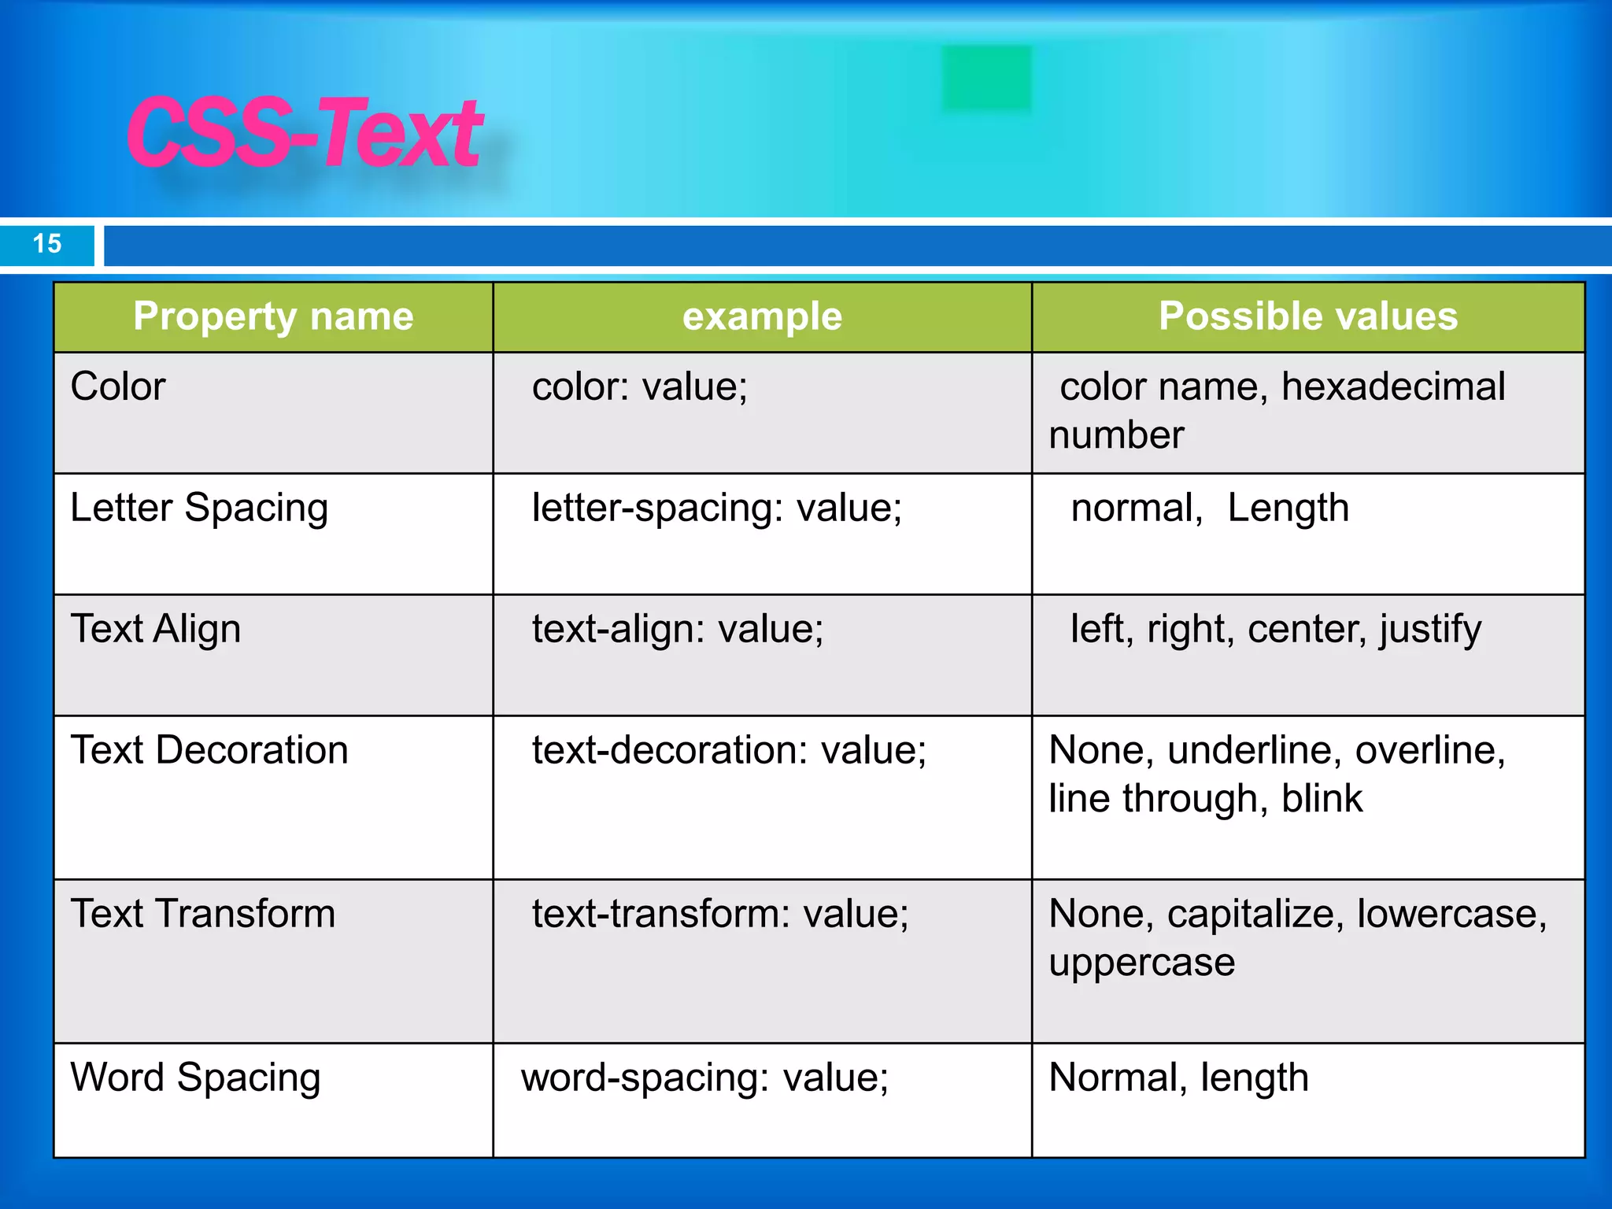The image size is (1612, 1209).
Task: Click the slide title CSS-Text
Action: pyautogui.click(x=305, y=132)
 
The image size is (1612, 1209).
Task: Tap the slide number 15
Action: pyautogui.click(x=47, y=243)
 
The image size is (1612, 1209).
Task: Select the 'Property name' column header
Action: pyautogui.click(x=273, y=316)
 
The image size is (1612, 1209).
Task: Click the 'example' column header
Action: pyautogui.click(x=762, y=316)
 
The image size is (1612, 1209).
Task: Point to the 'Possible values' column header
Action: pyautogui.click(x=1307, y=316)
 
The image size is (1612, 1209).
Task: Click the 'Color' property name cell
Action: pyautogui.click(x=118, y=386)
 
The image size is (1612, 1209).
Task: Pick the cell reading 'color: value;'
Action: pyautogui.click(x=640, y=386)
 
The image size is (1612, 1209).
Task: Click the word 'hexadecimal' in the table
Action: pyautogui.click(x=1393, y=386)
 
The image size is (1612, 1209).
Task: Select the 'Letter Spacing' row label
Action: pyautogui.click(x=199, y=508)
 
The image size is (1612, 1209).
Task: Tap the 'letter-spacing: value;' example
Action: pyautogui.click(x=717, y=508)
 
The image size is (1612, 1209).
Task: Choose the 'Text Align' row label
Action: pyautogui.click(x=156, y=629)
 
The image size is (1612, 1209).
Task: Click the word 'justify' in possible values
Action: pyautogui.click(x=1429, y=629)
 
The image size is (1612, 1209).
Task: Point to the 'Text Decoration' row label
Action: pyautogui.click(x=209, y=750)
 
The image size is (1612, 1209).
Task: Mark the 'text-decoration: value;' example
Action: pyautogui.click(x=729, y=750)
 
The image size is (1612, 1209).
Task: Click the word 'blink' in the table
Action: pyautogui.click(x=1322, y=798)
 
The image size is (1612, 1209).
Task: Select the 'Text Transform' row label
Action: pyautogui.click(x=203, y=914)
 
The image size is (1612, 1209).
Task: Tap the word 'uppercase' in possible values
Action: pyautogui.click(x=1142, y=962)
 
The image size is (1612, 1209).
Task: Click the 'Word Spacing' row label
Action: pyautogui.click(x=195, y=1078)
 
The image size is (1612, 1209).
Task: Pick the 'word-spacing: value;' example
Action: pyautogui.click(x=704, y=1078)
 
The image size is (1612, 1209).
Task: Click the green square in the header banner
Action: pyautogui.click(x=986, y=78)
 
